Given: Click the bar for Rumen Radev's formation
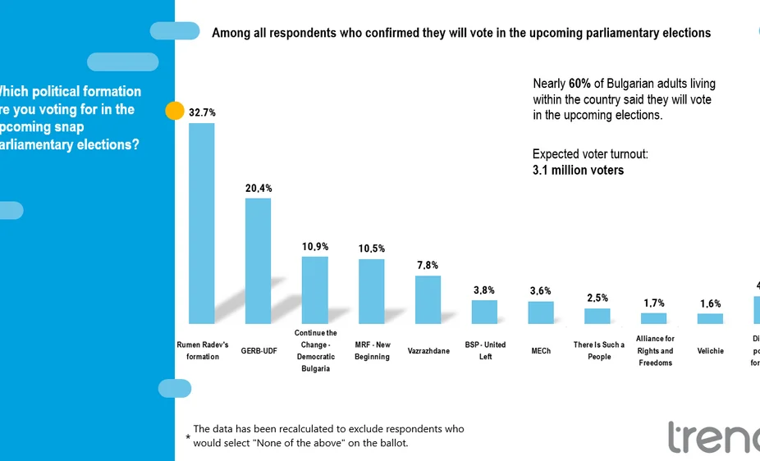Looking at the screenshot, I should pos(202,223).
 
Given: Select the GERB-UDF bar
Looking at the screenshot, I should pos(258,261).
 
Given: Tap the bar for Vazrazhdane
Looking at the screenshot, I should pos(428,299).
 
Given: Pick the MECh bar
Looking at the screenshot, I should pos(540,313).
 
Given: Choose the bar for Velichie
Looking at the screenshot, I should pos(710,318).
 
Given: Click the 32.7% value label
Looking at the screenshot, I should pos(202,112).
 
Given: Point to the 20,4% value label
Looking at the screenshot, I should pos(259,188).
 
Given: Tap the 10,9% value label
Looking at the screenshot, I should pos(315,246).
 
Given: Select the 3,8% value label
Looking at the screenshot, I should pos(484,290).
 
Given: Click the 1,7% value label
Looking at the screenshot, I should pos(654,303).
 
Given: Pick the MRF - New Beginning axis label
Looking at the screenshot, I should pos(372,351).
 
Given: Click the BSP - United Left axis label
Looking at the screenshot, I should pos(485,351).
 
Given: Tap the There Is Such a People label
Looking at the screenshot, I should pos(599,351).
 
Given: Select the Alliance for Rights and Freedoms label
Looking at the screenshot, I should pos(655,351).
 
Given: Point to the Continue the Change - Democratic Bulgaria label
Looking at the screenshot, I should pos(315,351).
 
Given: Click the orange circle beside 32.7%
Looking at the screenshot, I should pos(175,112).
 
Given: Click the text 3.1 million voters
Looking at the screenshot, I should pos(578,171).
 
